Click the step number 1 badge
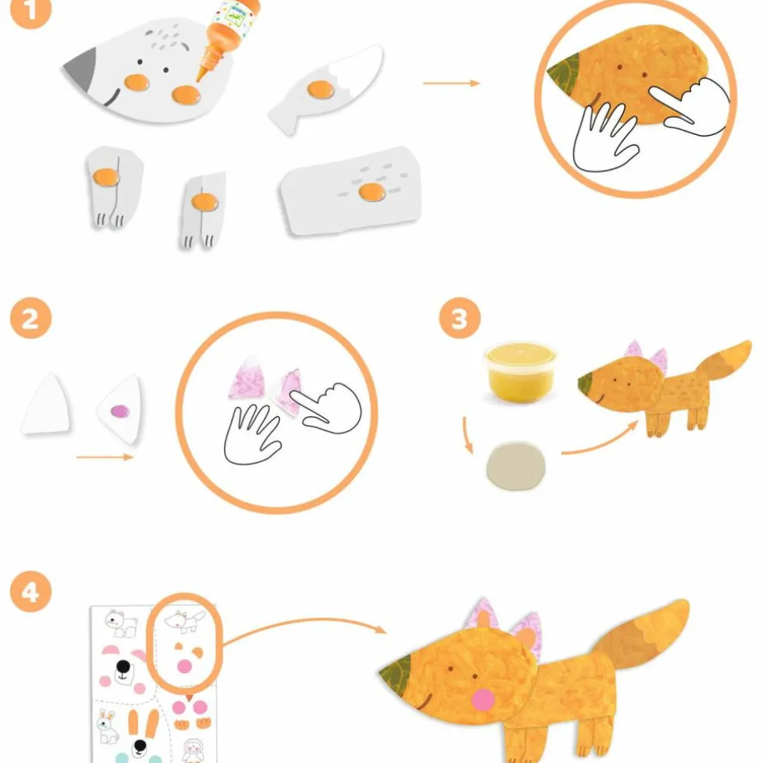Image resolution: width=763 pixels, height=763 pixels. click(30, 10)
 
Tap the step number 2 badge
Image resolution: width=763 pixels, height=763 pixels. click(31, 318)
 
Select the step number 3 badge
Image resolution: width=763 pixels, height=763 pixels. click(460, 318)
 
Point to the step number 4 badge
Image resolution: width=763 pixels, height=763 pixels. click(31, 592)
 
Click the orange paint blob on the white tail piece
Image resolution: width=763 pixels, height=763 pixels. click(321, 89)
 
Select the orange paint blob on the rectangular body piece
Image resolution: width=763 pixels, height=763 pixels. click(372, 192)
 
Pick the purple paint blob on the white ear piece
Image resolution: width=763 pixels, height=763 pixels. click(120, 412)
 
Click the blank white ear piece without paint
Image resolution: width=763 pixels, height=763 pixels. click(46, 403)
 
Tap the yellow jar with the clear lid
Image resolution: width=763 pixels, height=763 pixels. click(520, 372)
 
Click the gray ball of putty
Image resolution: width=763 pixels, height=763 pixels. click(516, 466)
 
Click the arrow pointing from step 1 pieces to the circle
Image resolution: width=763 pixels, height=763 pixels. click(451, 83)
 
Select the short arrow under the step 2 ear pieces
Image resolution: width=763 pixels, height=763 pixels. click(105, 457)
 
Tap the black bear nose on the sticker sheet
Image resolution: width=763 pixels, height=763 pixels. click(123, 665)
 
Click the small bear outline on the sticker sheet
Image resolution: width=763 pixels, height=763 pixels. click(122, 623)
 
